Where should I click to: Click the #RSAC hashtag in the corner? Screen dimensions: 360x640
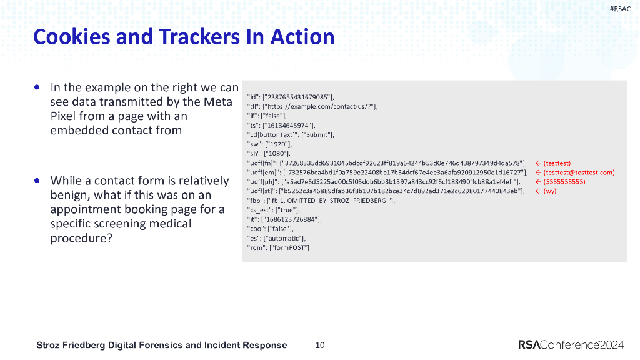tap(621, 8)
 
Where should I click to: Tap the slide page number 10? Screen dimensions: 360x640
tap(320, 345)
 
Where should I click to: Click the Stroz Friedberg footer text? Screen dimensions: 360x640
tap(162, 345)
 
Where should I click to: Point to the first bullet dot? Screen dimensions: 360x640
tap(39, 87)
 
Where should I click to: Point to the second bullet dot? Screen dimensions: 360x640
tap(39, 180)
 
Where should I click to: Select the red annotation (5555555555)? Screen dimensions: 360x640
tap(564, 181)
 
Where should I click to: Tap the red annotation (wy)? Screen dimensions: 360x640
tap(550, 191)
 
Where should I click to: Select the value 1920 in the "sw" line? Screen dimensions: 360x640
tap(277, 144)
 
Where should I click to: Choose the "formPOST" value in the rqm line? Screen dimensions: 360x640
tap(289, 247)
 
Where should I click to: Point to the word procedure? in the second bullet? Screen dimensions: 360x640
tap(81, 238)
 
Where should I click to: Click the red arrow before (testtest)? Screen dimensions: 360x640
tap(537, 163)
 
